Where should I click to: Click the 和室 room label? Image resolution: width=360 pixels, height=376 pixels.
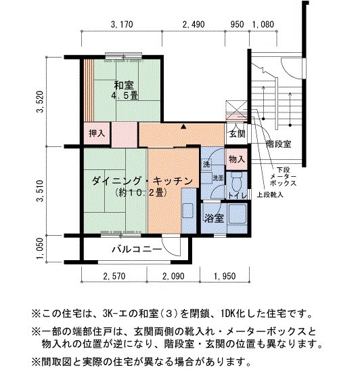pos(124,85)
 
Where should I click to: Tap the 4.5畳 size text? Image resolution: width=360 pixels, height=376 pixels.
pos(125,96)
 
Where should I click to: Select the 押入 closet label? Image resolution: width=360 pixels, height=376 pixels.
pos(97,133)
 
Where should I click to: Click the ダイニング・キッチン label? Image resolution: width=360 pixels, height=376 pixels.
pos(143,181)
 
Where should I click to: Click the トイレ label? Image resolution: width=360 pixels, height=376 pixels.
pos(238,196)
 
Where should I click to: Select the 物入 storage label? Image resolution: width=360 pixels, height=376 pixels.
pos(236,159)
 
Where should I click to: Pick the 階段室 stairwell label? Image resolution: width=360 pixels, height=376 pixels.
pos(278,144)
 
